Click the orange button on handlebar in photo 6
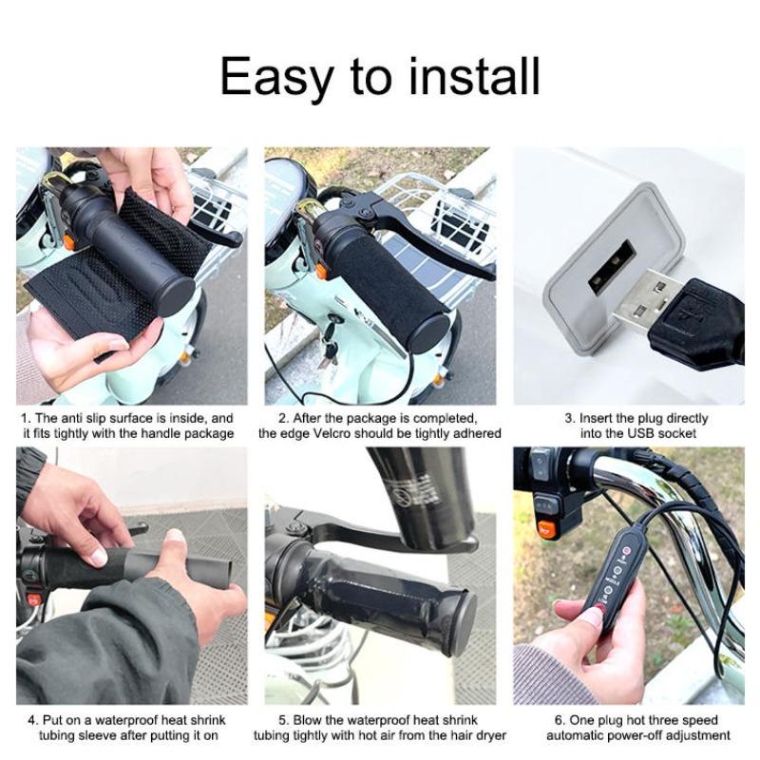point(546,529)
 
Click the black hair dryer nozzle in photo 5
point(418,494)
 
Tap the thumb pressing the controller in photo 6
point(589,617)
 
